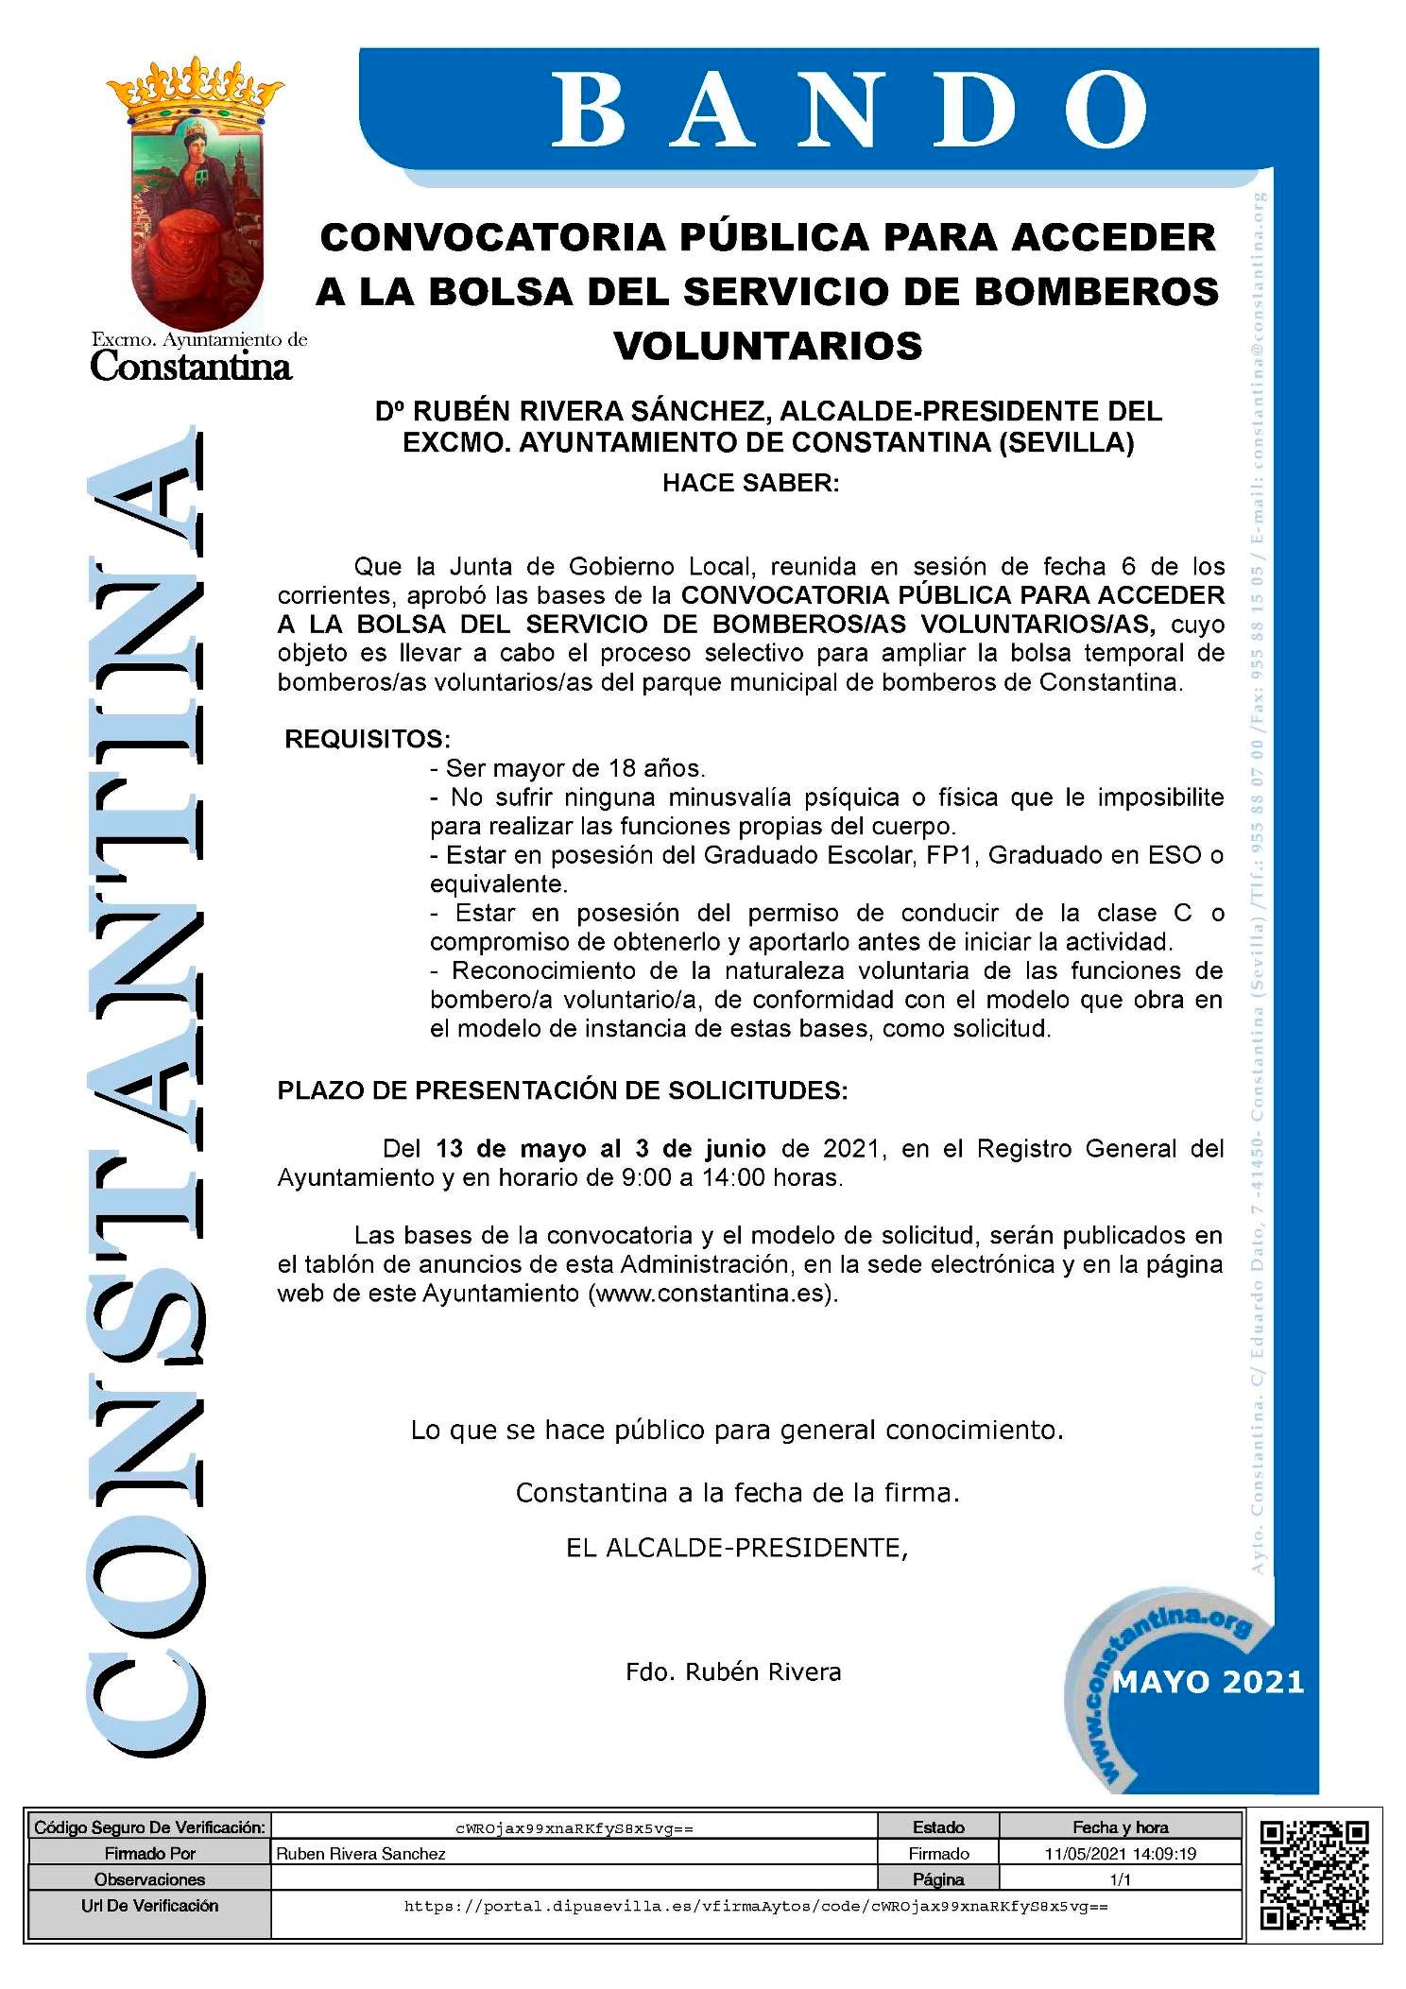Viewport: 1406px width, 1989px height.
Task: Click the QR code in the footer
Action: click(x=1313, y=1875)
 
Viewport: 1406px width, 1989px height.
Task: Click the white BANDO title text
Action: click(x=849, y=111)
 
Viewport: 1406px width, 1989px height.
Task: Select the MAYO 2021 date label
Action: click(x=1209, y=1682)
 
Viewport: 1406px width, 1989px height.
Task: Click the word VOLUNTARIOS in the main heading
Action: click(x=767, y=346)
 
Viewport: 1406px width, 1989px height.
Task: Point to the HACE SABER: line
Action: click(x=750, y=483)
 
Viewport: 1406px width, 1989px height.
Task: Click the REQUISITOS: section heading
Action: click(x=368, y=739)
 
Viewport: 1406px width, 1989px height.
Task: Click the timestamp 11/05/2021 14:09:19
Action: click(x=1120, y=1853)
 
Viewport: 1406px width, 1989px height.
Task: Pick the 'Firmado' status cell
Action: click(x=938, y=1853)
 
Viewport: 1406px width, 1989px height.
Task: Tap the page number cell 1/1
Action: click(x=1120, y=1879)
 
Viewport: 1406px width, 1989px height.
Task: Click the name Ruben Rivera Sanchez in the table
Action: click(x=360, y=1854)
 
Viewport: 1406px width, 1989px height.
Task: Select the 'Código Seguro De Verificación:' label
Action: click(x=150, y=1827)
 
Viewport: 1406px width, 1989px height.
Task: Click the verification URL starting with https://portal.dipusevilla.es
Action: click(x=756, y=1906)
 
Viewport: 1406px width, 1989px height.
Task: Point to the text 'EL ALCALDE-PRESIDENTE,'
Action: click(x=737, y=1548)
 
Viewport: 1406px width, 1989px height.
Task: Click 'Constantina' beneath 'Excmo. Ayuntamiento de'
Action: click(x=191, y=366)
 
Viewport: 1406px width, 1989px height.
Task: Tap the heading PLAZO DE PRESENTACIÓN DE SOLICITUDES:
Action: click(x=562, y=1090)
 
